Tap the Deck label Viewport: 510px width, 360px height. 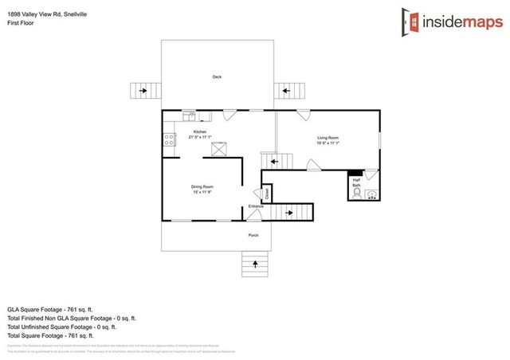pos(217,76)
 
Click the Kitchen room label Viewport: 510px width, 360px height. pos(200,131)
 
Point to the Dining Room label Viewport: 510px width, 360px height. pos(202,186)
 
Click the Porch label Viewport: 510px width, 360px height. pos(253,235)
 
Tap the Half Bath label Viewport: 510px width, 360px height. pos(356,183)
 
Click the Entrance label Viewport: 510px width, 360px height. pos(255,207)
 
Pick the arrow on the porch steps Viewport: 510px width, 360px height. pos(255,262)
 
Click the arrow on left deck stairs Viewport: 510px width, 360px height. pos(143,91)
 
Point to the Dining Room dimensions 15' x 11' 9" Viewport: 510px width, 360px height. pos(202,192)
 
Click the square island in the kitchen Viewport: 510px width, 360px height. pos(219,147)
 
